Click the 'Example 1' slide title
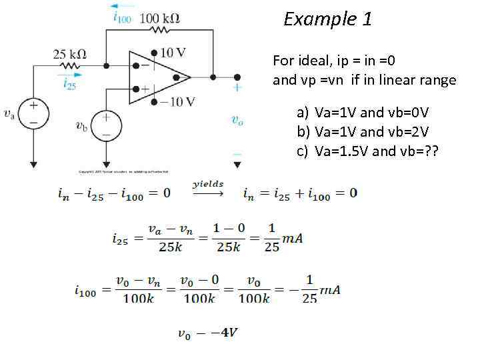[327, 19]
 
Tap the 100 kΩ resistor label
[159, 18]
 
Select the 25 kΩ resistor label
[70, 54]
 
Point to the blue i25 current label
[69, 83]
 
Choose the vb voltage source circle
[105, 125]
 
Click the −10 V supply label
[177, 102]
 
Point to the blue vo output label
[237, 120]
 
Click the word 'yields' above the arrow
[208, 184]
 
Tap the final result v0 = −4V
[207, 333]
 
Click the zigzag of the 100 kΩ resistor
[160, 31]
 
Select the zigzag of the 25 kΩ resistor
[69, 66]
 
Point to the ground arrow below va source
[33, 161]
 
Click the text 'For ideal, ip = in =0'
[334, 61]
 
